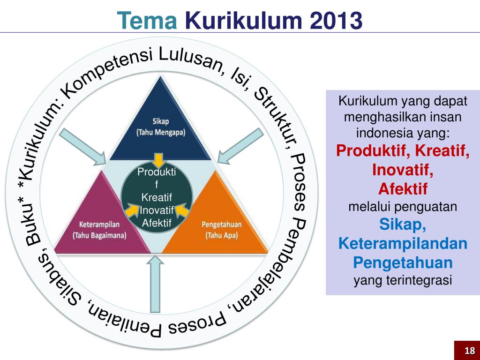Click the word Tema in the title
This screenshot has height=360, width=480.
coord(146,20)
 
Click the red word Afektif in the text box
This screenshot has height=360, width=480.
coord(403,189)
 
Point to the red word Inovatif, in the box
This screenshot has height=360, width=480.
coord(403,170)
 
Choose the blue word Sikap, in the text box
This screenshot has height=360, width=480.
coord(403,225)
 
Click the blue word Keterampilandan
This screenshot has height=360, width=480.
coord(403,244)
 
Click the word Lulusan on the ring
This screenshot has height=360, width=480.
coord(189,61)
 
